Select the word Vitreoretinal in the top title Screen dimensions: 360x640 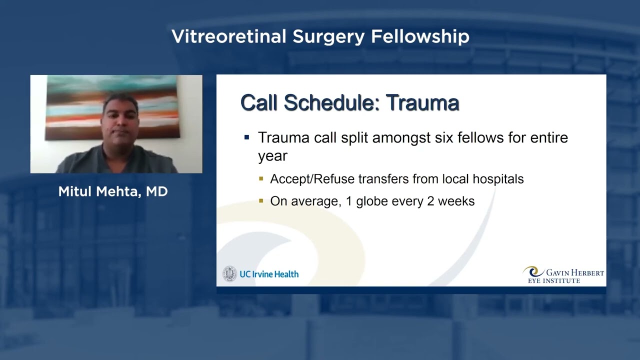tap(229, 36)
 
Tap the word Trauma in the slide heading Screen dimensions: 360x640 tap(422, 103)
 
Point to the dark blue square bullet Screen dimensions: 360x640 tap(246, 137)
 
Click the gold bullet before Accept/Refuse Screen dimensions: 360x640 tap(261, 178)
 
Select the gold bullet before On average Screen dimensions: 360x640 tap(261, 201)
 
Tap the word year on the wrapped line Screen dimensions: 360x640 tap(272, 156)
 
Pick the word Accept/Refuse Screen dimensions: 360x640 tap(312, 179)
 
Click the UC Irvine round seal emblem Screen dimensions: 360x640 tap(229, 273)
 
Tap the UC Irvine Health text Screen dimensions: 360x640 tap(269, 274)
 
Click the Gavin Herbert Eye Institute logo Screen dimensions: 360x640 tap(563, 274)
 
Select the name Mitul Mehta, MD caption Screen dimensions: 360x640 tap(113, 191)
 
